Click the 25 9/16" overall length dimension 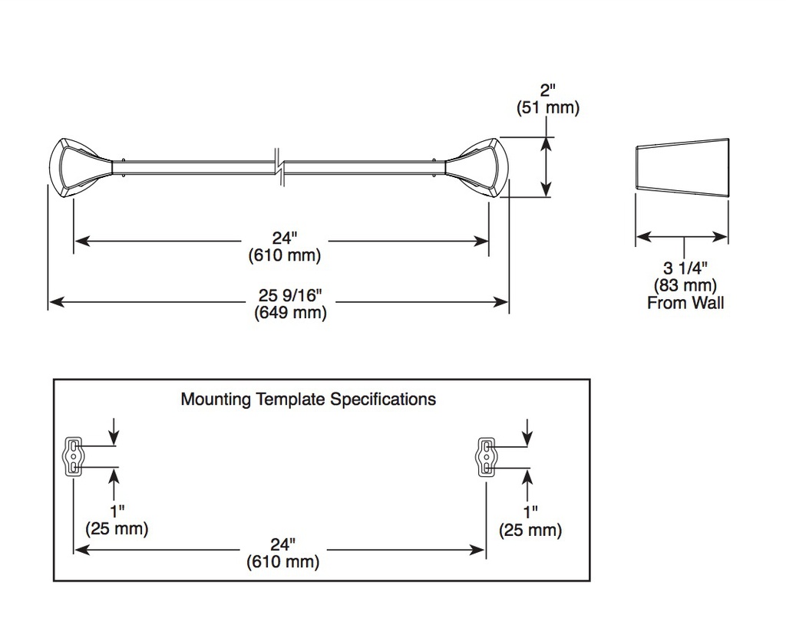(290, 296)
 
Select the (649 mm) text (290, 314)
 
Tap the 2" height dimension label (548, 90)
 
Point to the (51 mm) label (548, 107)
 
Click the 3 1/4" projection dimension (685, 268)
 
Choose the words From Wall (685, 303)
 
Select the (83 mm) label (685, 285)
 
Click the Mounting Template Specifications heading (309, 399)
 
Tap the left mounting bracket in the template (74, 455)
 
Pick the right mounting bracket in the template (486, 456)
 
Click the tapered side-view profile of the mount (682, 167)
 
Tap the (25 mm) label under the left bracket (117, 529)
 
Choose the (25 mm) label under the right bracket (530, 530)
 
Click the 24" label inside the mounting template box (282, 544)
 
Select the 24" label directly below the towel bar (285, 238)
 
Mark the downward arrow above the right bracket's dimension (527, 431)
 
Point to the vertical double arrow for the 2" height (547, 166)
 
